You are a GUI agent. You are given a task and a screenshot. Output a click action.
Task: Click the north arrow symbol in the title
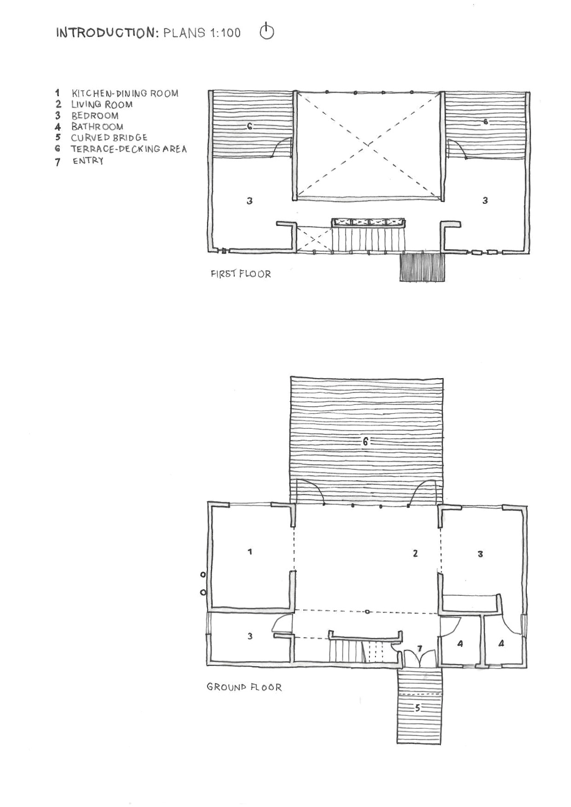[267, 32]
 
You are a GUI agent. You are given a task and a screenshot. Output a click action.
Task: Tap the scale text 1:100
[224, 33]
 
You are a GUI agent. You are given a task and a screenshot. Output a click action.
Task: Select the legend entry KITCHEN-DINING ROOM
[125, 93]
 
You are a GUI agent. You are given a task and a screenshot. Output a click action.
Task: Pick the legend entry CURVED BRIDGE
[109, 138]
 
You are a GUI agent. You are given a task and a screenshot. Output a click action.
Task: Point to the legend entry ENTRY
[88, 161]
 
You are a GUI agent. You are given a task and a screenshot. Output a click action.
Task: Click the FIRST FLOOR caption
[241, 274]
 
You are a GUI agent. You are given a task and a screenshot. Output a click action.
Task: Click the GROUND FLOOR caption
[244, 687]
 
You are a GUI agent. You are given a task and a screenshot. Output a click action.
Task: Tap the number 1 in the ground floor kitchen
[250, 551]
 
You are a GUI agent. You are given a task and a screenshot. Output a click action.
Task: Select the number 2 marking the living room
[415, 553]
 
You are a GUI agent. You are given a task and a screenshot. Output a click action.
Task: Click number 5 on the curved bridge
[418, 708]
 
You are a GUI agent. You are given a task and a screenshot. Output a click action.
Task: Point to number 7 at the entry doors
[420, 649]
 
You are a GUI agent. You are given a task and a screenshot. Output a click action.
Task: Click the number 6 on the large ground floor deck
[365, 442]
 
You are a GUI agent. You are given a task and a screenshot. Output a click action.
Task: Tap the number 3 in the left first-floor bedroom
[249, 201]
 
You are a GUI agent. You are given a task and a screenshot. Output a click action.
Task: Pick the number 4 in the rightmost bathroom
[501, 644]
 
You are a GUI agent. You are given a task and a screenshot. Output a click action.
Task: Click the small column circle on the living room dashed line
[367, 612]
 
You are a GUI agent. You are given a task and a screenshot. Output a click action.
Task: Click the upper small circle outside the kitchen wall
[203, 575]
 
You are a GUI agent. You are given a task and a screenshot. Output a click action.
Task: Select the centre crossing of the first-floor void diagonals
[368, 144]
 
